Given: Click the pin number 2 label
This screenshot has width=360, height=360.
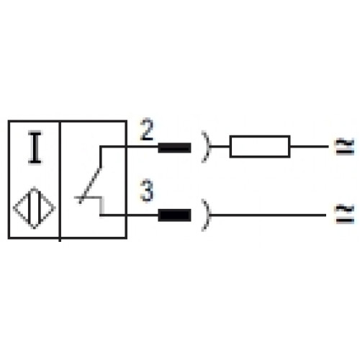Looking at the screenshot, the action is pos(147,130).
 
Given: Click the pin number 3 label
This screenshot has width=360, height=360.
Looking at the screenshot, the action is pos(147,191).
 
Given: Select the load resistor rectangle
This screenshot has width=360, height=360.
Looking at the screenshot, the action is pos(260,146).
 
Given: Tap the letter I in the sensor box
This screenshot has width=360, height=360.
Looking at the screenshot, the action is pos(35,148).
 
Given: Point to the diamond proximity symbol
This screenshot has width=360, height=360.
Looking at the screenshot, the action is pos(35,208).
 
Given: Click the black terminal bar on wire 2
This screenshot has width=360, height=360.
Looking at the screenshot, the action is pos(174,148).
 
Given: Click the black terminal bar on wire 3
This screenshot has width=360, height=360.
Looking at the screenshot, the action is pos(174,215).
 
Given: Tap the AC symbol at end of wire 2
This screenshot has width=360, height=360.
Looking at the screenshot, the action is pos(345,146).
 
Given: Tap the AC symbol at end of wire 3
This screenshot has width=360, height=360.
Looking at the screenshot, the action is pos(345,214).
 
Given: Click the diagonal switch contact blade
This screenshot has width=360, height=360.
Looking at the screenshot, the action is pos(90,185).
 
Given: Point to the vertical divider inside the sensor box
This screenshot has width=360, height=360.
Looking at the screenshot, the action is pos(60,180).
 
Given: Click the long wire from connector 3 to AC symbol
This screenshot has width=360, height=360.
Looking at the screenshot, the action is pos(268,215).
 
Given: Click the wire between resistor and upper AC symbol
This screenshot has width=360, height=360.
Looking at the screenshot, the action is pos(309,146).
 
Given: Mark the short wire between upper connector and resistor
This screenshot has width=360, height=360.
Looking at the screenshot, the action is pos(220,146).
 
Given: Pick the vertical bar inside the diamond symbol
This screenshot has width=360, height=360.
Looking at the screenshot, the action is pos(35,208).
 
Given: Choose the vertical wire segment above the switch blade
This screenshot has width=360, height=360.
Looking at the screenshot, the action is pos(101,157).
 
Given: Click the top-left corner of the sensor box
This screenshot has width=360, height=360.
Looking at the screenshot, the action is pos(9,121).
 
